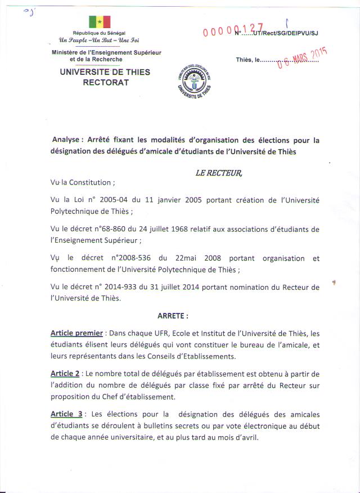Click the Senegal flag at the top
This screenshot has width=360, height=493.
(x=99, y=22)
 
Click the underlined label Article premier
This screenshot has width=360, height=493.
(x=76, y=333)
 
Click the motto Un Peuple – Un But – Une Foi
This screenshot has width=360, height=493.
(x=98, y=40)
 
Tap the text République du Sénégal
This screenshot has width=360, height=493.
(x=99, y=33)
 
